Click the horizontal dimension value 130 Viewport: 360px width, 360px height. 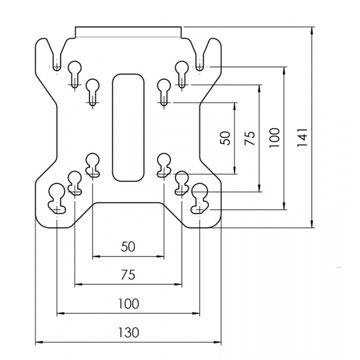pos(129,332)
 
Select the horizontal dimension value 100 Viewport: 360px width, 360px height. pos(129,303)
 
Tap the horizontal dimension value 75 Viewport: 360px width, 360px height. pos(128,275)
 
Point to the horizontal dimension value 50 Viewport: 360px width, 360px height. pos(128,247)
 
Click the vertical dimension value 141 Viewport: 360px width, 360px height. pos(302,137)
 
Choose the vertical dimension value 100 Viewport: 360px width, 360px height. pos(275,138)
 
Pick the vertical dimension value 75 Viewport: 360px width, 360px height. pos(250,138)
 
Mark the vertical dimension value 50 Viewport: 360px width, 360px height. pos(225,138)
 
